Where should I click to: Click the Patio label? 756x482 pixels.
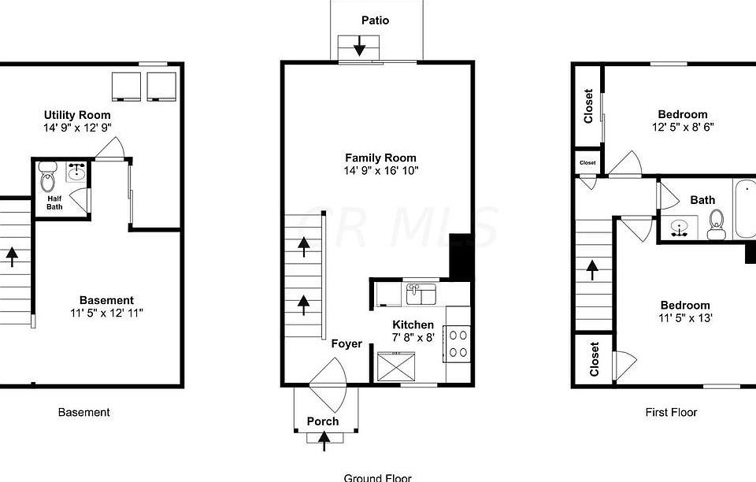375,20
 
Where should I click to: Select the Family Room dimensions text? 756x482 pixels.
380,171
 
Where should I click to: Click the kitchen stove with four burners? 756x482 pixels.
458,343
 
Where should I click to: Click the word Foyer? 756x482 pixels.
346,343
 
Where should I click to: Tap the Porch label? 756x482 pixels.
323,421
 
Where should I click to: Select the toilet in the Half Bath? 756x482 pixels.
47,172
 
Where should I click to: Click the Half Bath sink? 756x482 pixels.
76,172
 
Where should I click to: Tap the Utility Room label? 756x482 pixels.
77,115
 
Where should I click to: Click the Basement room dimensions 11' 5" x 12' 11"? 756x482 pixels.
106,313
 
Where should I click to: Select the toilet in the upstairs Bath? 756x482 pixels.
716,228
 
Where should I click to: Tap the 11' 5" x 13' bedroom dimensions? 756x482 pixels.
684,318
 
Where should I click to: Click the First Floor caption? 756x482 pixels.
671,412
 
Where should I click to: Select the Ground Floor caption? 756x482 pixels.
377,477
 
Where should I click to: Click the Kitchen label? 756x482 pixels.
413,324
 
